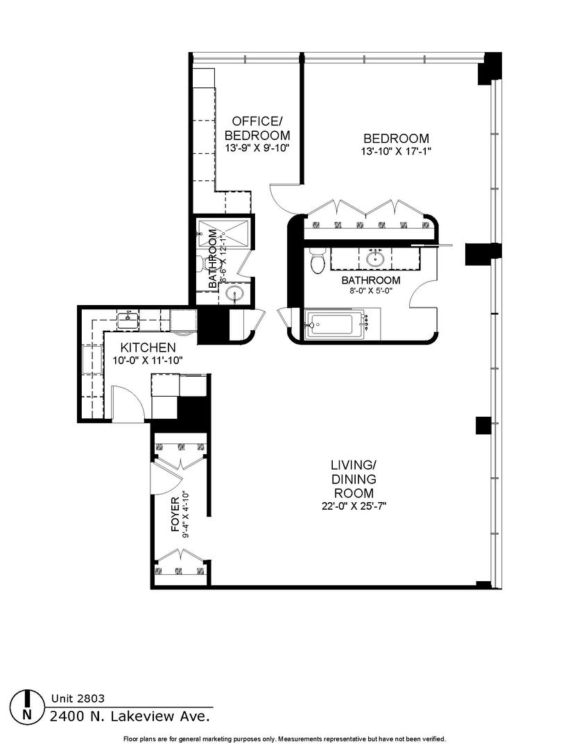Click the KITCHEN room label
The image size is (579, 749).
click(x=148, y=347)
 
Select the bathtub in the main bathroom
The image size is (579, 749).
click(x=335, y=325)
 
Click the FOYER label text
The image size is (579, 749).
click(x=175, y=515)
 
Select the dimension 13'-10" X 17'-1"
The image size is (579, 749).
click(x=396, y=152)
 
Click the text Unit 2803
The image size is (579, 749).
click(x=78, y=698)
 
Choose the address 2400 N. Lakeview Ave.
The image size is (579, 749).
click(x=130, y=716)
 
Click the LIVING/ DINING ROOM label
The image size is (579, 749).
click(x=354, y=479)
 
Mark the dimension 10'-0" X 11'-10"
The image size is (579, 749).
click(x=148, y=361)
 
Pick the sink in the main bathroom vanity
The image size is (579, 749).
click(x=376, y=259)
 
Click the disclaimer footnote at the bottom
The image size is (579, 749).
click(x=285, y=739)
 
